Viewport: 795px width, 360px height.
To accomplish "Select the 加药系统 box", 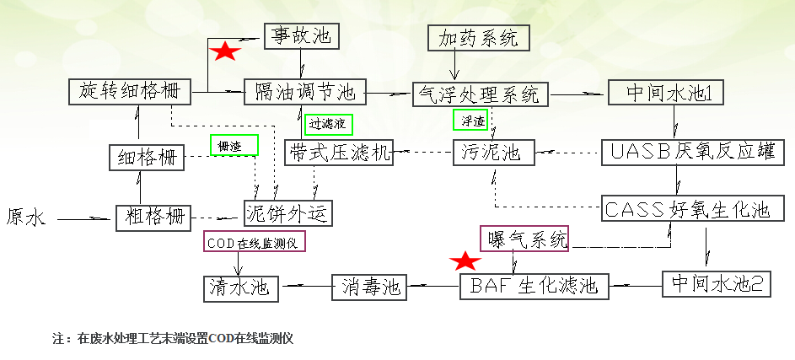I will click(x=479, y=37).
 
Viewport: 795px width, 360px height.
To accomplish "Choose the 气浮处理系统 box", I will click(x=480, y=94).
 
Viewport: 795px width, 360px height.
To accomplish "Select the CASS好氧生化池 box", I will click(x=686, y=208).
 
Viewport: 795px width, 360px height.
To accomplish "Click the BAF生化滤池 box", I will click(x=534, y=286).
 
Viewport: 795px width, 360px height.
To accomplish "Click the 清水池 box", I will click(x=240, y=287).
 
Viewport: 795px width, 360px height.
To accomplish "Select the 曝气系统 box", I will click(x=525, y=239).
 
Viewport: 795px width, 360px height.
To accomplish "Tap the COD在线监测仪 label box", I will click(x=253, y=242).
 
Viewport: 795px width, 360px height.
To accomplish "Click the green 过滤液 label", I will click(x=328, y=124).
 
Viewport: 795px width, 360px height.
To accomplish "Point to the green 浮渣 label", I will click(x=473, y=121).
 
